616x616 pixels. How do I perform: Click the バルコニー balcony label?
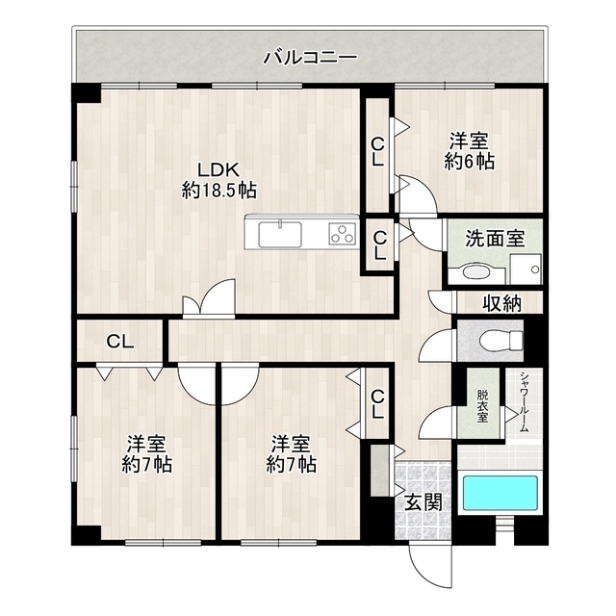click(x=310, y=57)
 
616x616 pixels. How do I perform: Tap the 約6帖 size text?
click(x=470, y=161)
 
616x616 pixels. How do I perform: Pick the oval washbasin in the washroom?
click(x=475, y=272)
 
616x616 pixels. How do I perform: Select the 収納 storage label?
click(x=502, y=304)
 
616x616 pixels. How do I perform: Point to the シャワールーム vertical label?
click(x=523, y=404)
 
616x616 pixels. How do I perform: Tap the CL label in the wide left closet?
click(x=119, y=341)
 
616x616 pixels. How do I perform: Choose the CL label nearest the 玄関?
click(x=377, y=403)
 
